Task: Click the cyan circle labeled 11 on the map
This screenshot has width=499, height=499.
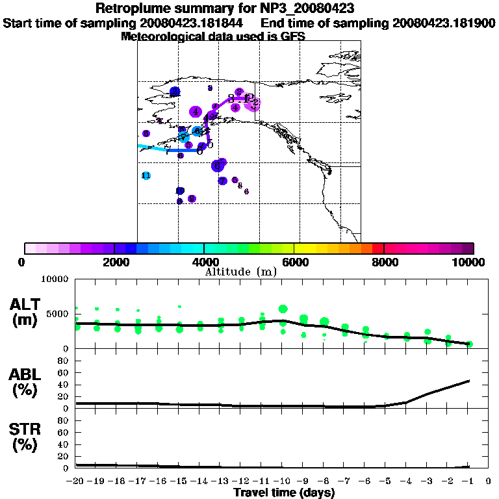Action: pos(146,175)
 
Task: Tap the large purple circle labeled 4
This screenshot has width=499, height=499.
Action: pos(196,112)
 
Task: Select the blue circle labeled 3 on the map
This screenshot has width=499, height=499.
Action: pos(175,92)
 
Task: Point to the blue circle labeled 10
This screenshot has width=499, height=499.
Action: pos(180,190)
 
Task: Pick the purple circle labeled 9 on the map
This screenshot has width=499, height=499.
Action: pos(192,199)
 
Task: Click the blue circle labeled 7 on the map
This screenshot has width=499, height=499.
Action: pos(223,181)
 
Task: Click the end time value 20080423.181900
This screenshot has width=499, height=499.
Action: pos(444,23)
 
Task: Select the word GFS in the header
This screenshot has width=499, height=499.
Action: pos(292,36)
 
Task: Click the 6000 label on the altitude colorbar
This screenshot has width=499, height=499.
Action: pos(294,262)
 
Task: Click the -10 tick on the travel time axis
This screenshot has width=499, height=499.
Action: pos(282,481)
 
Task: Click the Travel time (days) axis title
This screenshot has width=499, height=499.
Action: pos(284,493)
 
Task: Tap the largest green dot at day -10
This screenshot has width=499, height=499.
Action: pos(283,309)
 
